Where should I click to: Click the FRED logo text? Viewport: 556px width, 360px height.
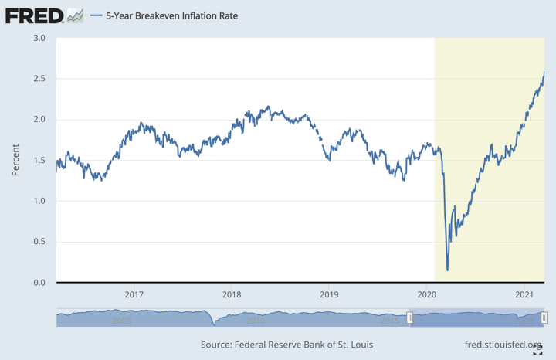pyautogui.click(x=33, y=15)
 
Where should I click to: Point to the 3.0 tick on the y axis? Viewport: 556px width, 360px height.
pyautogui.click(x=39, y=38)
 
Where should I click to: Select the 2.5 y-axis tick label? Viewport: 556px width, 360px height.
pyautogui.click(x=39, y=79)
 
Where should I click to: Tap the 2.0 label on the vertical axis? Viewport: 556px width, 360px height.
pyautogui.click(x=39, y=120)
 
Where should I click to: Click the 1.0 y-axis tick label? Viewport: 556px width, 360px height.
pyautogui.click(x=39, y=201)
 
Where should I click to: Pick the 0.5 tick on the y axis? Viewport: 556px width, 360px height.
pyautogui.click(x=39, y=242)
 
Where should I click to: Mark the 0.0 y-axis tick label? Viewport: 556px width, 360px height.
pyautogui.click(x=39, y=283)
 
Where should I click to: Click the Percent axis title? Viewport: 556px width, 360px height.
pyautogui.click(x=15, y=160)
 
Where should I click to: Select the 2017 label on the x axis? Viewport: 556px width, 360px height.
pyautogui.click(x=134, y=295)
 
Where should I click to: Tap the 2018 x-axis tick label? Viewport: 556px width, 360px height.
pyautogui.click(x=232, y=295)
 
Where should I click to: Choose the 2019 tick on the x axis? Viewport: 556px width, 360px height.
pyautogui.click(x=330, y=295)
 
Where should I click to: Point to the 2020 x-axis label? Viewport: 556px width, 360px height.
pyautogui.click(x=427, y=295)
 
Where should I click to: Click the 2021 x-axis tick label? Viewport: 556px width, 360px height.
pyautogui.click(x=525, y=295)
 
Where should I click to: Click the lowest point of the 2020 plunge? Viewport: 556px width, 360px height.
pyautogui.click(x=448, y=270)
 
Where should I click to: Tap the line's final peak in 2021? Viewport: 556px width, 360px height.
pyautogui.click(x=544, y=72)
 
